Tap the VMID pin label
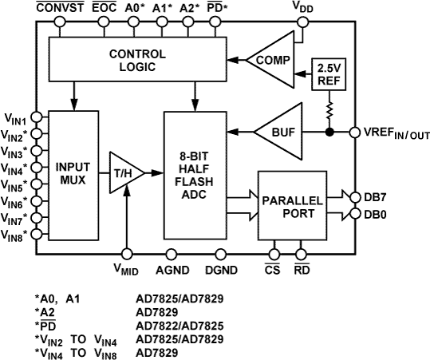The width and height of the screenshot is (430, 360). [127, 270]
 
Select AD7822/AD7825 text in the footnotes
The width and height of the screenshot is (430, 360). [179, 325]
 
